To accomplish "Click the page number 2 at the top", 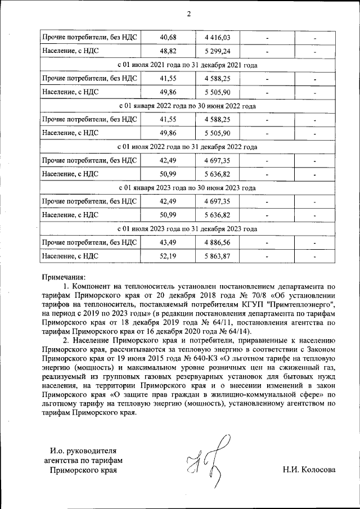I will point(188,14).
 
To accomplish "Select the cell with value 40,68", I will point(168,38).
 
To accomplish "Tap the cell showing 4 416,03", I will point(220,38).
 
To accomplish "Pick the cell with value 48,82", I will point(168,52).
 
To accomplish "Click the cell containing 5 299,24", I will point(220,52).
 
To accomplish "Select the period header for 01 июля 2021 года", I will point(188,65).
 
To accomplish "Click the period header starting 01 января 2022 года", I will point(188,106).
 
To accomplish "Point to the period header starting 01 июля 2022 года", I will point(188,147).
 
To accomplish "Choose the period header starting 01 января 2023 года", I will point(188,188).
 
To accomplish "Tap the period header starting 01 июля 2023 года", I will point(188,229).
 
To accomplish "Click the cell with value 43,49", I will point(168,242).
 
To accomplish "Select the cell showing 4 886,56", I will point(220,242).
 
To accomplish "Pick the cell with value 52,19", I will point(168,256).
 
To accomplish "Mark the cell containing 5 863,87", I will point(220,256).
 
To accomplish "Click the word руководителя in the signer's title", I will point(93,451).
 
